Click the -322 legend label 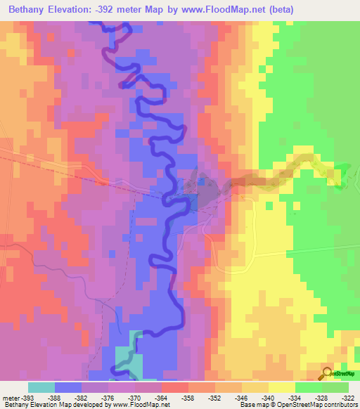[x=346, y=397]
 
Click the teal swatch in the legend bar [x=41, y=387]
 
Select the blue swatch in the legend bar [x=68, y=387]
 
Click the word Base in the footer [x=245, y=405]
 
